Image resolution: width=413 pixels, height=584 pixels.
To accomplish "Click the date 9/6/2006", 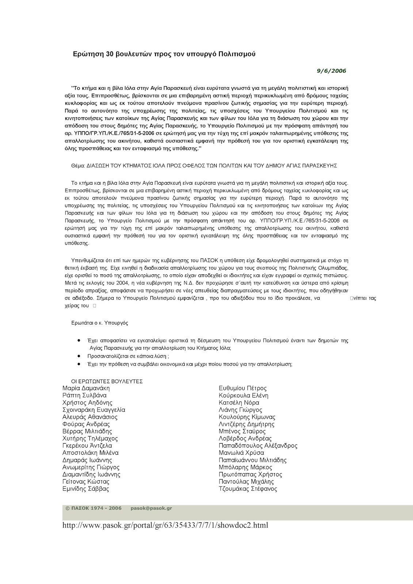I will (x=331, y=71).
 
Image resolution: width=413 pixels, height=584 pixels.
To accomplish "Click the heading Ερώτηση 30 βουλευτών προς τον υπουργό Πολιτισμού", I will (x=164, y=54).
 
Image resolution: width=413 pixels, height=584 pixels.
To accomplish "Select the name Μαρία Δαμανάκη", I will (x=86, y=388).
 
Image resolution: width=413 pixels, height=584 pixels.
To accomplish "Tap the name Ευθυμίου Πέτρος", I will (x=242, y=388).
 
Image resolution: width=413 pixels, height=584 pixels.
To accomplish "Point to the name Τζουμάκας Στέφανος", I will (x=248, y=489).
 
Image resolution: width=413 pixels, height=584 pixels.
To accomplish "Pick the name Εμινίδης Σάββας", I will (x=86, y=489).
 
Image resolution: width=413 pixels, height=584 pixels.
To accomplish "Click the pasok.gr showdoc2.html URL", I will (x=165, y=526).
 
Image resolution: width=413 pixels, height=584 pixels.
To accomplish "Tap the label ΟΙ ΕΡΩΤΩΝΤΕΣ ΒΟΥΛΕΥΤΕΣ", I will (x=107, y=381).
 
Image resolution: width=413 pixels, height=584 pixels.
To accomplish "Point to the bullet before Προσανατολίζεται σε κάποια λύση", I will (x=79, y=355).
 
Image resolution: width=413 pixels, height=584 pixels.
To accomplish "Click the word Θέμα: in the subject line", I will (x=78, y=165).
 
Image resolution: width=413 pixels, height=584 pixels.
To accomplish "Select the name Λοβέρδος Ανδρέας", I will (x=245, y=438).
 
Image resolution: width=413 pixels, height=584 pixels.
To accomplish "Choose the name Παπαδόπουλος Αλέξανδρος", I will (x=258, y=446).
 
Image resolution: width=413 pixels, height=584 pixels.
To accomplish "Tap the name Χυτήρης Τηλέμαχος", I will (x=90, y=438).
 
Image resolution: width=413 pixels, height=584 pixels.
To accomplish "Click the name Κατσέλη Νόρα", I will (x=239, y=403).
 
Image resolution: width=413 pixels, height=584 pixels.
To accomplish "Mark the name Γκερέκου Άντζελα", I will (x=87, y=446).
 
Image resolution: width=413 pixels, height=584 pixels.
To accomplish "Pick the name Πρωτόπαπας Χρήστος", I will (x=250, y=474).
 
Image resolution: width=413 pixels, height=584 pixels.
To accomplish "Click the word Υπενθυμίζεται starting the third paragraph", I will (x=87, y=260).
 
